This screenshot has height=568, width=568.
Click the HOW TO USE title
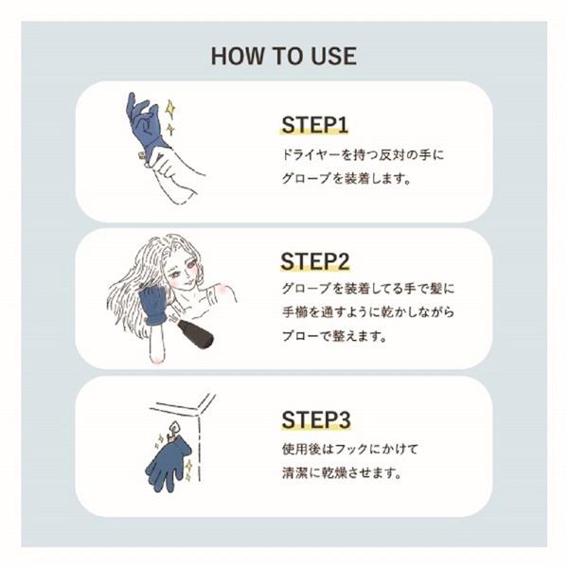[284, 56]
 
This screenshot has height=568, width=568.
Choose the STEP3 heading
[317, 418]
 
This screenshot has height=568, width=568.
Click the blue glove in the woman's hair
[152, 306]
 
